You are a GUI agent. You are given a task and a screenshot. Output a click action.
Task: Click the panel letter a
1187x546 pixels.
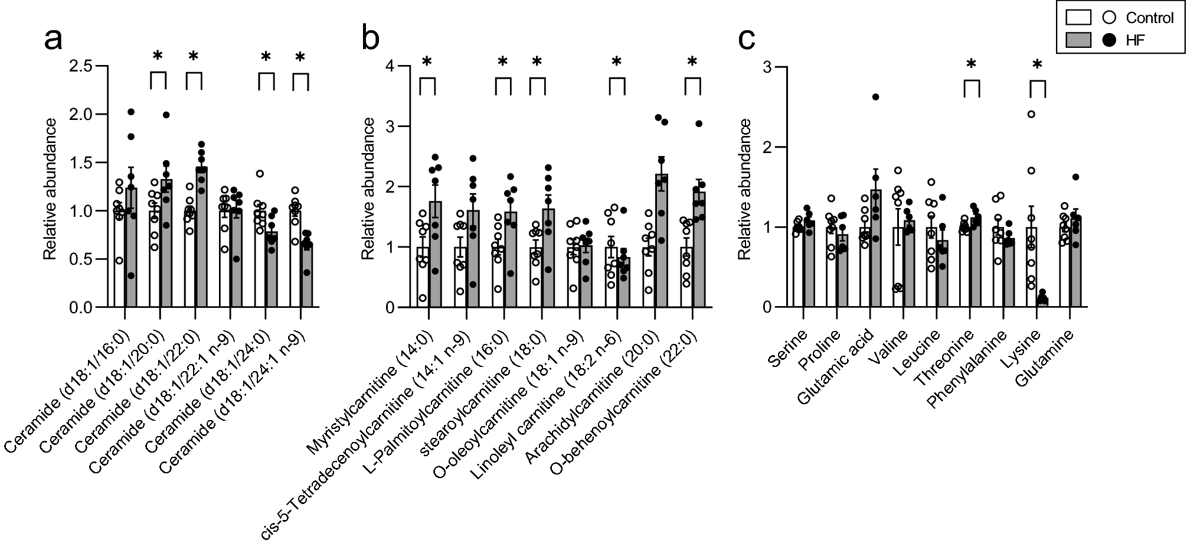tap(54, 41)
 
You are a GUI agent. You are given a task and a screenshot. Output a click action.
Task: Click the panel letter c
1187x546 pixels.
tap(747, 41)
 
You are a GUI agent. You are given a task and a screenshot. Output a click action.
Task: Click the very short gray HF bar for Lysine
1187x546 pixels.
tap(1042, 303)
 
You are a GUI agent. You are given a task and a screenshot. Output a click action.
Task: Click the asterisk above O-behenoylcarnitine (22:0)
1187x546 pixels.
tap(692, 61)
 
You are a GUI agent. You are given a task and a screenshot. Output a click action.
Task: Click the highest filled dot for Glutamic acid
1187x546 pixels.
tap(875, 97)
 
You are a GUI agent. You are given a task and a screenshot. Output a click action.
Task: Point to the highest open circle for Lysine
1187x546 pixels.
tap(1031, 114)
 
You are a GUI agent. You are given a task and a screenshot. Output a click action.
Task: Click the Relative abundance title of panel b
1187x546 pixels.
tap(368, 188)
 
